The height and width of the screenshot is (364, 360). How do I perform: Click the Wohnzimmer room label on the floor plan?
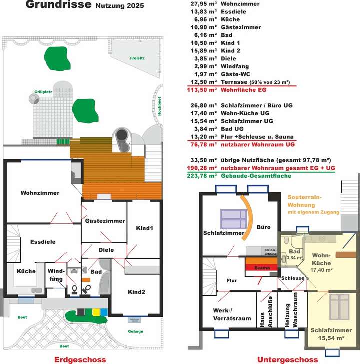coord(40,193)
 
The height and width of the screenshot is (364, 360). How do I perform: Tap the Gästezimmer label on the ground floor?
coord(105,221)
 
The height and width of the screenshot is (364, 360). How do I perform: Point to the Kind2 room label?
coord(136,292)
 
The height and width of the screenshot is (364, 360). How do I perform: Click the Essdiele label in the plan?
coord(42,242)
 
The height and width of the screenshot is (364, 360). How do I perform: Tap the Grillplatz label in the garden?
coord(43,92)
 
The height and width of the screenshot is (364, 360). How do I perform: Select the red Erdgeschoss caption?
coord(80,359)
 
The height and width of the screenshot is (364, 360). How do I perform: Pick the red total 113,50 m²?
coord(202,90)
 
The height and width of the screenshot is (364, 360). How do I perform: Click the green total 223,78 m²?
coord(202,176)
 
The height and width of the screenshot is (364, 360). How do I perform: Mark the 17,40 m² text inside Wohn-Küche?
coord(321,270)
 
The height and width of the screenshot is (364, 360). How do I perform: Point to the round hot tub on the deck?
coord(121,135)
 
